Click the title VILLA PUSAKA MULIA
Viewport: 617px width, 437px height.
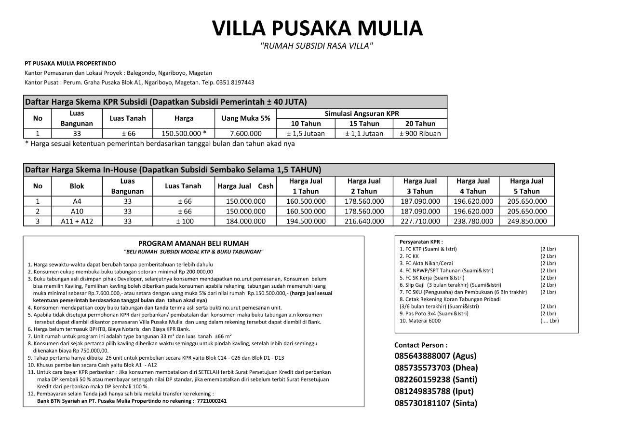pyautogui.click(x=317, y=28)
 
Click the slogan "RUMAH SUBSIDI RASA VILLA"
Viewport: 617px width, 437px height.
pyautogui.click(x=317, y=46)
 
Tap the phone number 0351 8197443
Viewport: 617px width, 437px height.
pyautogui.click(x=237, y=83)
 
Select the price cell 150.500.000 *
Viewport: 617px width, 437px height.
pyautogui.click(x=184, y=134)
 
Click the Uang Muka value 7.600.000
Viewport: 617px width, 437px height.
pyautogui.click(x=246, y=134)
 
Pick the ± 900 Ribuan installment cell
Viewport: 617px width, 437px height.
pyautogui.click(x=420, y=134)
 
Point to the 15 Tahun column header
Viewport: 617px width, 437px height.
pyautogui.click(x=364, y=124)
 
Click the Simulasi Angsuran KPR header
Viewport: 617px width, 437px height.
pyautogui.click(x=362, y=113)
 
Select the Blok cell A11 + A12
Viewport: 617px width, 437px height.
pyautogui.click(x=77, y=221)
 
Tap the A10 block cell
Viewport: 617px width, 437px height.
pyautogui.click(x=77, y=211)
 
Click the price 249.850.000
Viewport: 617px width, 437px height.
pyautogui.click(x=527, y=221)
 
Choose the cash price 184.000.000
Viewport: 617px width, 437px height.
pyautogui.click(x=246, y=221)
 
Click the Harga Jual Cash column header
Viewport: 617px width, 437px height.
pyautogui.click(x=246, y=186)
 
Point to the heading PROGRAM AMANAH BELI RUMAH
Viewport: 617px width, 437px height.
pyautogui.click(x=193, y=244)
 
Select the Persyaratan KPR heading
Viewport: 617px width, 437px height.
pyautogui.click(x=421, y=242)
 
